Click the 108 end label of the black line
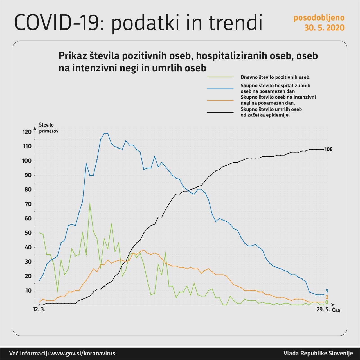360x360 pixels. tap(328, 149)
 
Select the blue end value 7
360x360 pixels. tap(327, 291)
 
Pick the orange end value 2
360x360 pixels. tap(327, 297)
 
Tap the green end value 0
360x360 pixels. tap(327, 302)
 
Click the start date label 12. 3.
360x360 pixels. tap(39, 310)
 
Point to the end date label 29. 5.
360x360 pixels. tap(323, 310)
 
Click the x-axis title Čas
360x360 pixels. tap(336, 310)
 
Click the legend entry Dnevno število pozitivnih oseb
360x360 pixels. tap(275, 77)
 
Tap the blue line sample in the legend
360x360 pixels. tap(220, 89)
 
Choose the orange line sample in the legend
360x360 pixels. tap(220, 100)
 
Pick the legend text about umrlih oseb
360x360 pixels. tap(271, 112)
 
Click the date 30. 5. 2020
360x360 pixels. tap(324, 28)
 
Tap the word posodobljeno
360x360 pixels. tap(319, 18)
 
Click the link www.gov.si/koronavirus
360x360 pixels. tap(83, 354)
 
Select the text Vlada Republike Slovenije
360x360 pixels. tap(318, 354)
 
